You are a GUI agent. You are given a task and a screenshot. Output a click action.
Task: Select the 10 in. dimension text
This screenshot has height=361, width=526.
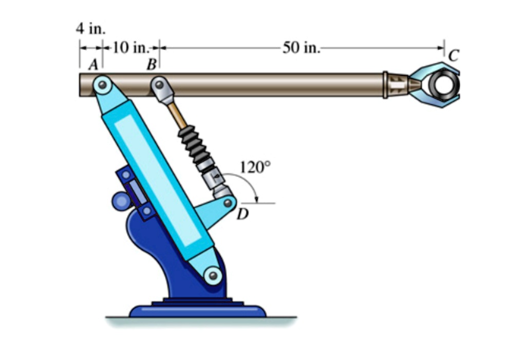(130, 48)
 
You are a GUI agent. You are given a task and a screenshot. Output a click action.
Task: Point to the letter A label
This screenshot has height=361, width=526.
(93, 64)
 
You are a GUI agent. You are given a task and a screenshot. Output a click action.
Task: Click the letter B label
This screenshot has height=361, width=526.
(151, 65)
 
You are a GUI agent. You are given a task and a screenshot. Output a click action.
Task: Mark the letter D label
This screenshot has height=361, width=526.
(242, 215)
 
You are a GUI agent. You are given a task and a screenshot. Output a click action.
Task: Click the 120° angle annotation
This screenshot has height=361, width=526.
(254, 167)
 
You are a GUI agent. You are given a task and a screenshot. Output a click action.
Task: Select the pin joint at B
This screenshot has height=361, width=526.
(160, 84)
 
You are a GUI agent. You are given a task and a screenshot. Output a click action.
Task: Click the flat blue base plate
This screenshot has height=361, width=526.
(197, 311)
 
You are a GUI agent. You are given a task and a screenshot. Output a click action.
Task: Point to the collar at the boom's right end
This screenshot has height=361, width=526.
(385, 85)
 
